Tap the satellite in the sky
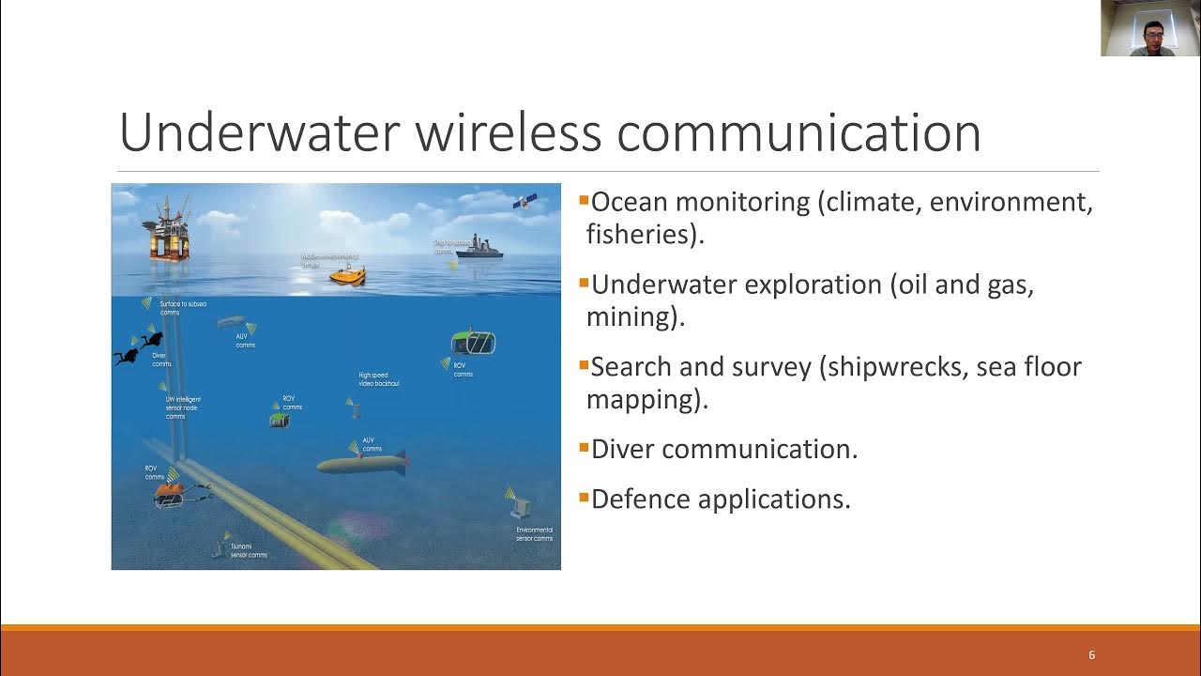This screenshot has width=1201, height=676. coord(524,201)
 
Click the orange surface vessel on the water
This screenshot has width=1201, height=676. coord(347,276)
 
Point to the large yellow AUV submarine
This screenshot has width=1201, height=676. coord(361,464)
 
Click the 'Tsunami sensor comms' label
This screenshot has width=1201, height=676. coord(249,550)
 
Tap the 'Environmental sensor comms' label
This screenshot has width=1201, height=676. coord(534,534)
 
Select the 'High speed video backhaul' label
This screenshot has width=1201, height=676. coord(379,379)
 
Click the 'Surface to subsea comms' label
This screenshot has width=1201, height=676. coord(182,308)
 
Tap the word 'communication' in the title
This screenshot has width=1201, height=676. coord(798,132)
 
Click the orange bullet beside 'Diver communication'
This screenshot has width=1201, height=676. coord(584,447)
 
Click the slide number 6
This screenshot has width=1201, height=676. coord(1091,654)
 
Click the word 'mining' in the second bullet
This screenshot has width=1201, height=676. coord(629,316)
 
